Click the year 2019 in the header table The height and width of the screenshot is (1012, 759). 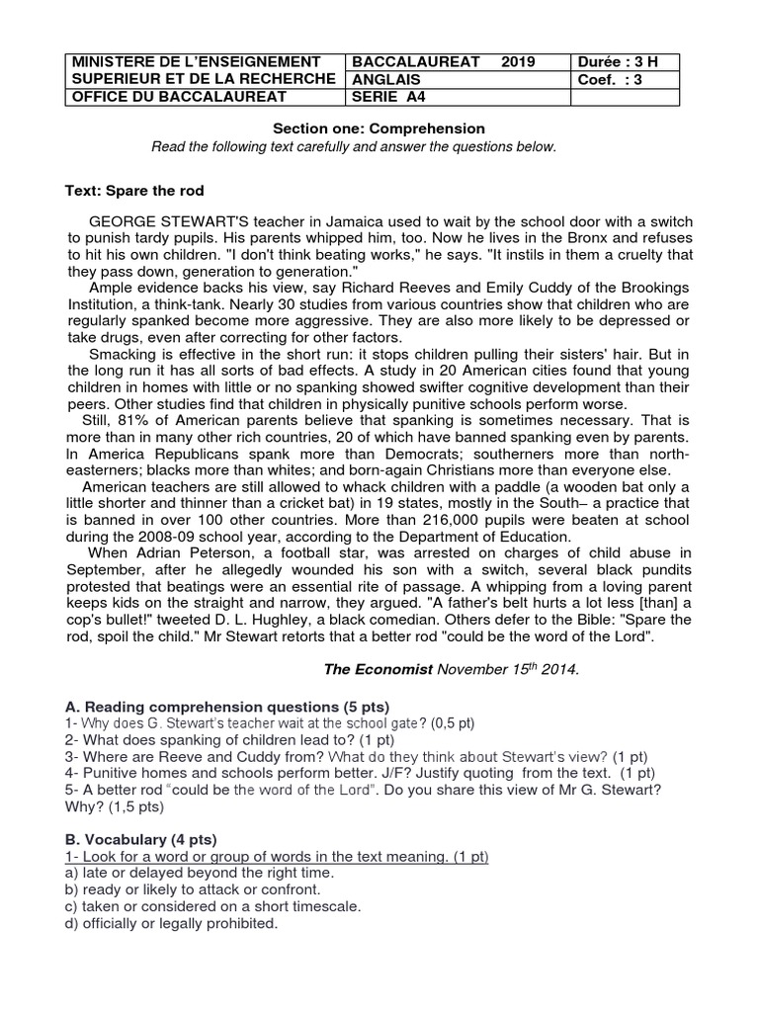point(518,61)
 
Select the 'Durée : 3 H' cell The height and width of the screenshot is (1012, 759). point(617,61)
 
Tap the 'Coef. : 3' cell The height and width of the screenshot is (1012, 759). point(611,79)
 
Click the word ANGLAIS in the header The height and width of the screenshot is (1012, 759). point(387,79)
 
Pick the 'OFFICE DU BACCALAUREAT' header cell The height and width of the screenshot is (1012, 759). point(178,96)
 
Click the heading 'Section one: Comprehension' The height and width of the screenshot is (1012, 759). point(379,128)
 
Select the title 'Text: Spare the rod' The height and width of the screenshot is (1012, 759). point(134,190)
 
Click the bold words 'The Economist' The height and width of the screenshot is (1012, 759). point(379,669)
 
